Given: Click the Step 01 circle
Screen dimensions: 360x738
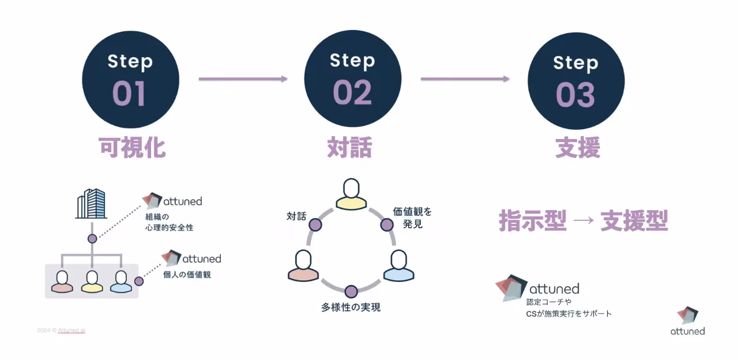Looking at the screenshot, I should (x=130, y=80).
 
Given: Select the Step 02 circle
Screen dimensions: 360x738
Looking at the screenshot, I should (x=352, y=80).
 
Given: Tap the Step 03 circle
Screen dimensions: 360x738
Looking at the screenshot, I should (x=576, y=80).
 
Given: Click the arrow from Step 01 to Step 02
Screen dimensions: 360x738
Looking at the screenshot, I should (x=243, y=79).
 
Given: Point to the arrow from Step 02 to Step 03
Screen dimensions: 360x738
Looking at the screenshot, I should (x=465, y=79).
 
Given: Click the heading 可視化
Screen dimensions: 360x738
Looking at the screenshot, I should (x=133, y=148).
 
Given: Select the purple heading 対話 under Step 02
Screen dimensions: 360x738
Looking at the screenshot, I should (x=349, y=148).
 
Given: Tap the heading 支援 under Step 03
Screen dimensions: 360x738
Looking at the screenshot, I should (x=578, y=148).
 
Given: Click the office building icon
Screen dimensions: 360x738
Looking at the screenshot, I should (x=92, y=204).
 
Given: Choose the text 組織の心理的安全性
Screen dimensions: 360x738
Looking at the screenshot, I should (x=169, y=222).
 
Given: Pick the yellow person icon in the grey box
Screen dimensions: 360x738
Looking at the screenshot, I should (x=92, y=281).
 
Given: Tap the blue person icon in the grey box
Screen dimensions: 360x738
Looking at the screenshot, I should (x=121, y=281).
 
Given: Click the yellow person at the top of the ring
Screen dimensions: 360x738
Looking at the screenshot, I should (x=351, y=194).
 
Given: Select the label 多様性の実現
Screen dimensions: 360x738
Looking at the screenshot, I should (x=351, y=307).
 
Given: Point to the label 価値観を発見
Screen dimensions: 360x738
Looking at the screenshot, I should (x=412, y=217).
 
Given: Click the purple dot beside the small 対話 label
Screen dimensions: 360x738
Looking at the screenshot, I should (x=315, y=224).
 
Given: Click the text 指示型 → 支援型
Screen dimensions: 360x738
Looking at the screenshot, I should (x=583, y=221).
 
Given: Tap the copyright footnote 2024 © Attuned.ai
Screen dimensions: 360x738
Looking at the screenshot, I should (x=61, y=331).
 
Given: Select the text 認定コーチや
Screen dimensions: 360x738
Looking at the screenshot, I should (x=548, y=302).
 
